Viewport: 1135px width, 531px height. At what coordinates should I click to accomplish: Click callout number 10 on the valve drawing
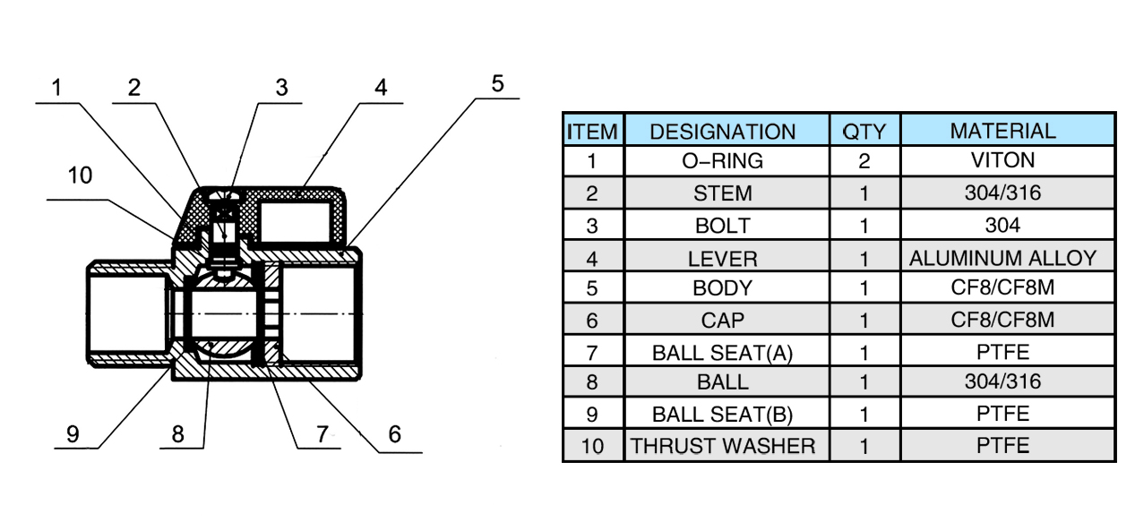tap(81, 176)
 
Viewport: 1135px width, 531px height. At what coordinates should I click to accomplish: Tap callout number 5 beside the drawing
tap(497, 84)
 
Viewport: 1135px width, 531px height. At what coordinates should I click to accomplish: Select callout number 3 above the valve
tap(281, 88)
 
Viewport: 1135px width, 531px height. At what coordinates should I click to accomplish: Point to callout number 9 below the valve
tap(73, 434)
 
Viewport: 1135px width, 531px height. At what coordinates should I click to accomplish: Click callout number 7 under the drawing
tap(322, 434)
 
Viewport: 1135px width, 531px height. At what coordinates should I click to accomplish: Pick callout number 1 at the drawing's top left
tap(57, 88)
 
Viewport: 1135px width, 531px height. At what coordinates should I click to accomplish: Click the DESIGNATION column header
tap(722, 132)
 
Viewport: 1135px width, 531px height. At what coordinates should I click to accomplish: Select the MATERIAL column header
tap(1002, 131)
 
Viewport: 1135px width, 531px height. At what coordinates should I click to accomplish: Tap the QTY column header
tap(864, 132)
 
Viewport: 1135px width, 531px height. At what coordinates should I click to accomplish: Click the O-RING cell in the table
tap(722, 161)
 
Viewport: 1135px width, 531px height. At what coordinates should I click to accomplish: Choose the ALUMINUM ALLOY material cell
tap(1002, 259)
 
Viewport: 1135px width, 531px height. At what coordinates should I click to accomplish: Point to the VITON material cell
tap(1002, 161)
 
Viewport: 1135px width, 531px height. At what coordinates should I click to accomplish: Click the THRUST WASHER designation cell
tap(722, 446)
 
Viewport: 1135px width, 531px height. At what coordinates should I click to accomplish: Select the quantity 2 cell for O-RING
tap(864, 161)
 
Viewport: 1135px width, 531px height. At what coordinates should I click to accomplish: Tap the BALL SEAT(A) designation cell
tap(722, 352)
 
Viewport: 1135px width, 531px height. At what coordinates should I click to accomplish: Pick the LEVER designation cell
tap(722, 259)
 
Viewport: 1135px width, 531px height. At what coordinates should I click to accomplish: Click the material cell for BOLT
tap(1002, 225)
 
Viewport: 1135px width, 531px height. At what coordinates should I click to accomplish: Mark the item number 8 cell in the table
tap(592, 382)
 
